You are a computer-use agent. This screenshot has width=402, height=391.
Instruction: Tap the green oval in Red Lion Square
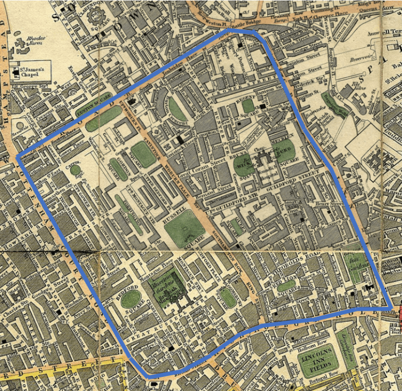286,286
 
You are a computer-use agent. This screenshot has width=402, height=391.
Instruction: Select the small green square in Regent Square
248,105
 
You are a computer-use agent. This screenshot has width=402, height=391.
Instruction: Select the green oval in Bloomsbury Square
227,298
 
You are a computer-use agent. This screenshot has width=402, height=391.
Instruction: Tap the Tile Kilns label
358,84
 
